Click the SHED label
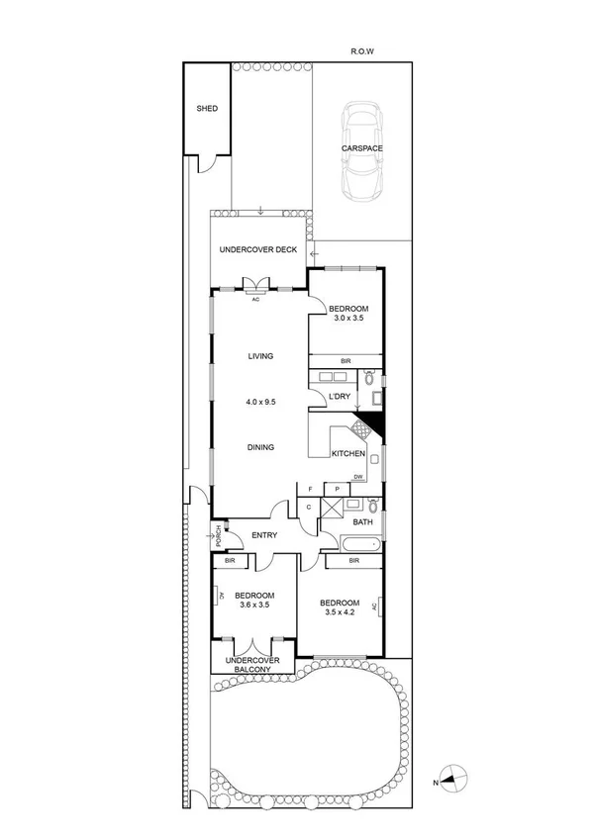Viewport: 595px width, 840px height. [x=206, y=109]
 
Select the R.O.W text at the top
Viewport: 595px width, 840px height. [x=362, y=50]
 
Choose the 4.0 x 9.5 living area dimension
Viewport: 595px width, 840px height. [x=260, y=403]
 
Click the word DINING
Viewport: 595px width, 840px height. [x=260, y=447]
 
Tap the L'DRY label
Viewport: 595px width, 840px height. [x=340, y=397]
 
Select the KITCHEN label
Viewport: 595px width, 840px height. [x=347, y=454]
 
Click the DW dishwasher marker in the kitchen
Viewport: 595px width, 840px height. [x=358, y=478]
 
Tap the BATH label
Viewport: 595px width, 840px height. [x=363, y=521]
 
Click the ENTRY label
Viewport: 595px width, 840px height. [x=263, y=535]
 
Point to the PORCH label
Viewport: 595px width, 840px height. [x=217, y=536]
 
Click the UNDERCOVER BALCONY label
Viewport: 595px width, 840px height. [x=252, y=665]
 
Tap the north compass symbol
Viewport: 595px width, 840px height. [x=451, y=779]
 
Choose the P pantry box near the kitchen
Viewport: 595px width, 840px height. [x=337, y=489]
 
